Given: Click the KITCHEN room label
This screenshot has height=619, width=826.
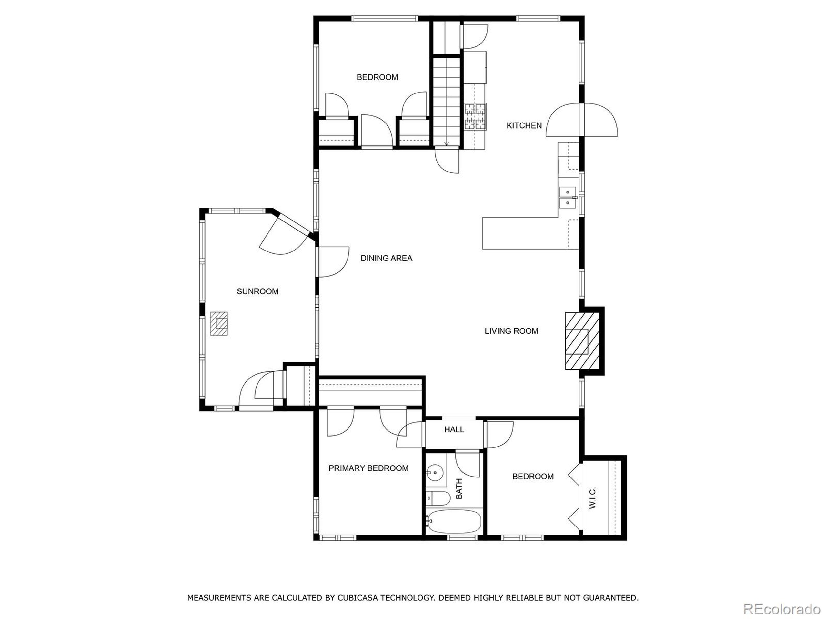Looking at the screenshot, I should tap(524, 126).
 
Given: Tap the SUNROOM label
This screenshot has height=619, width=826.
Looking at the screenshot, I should tap(257, 291).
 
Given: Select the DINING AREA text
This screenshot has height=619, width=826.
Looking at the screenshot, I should tap(386, 258).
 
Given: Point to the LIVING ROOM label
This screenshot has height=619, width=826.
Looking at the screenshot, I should tap(511, 331).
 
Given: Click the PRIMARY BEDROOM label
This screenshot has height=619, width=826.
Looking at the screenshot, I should tap(368, 468).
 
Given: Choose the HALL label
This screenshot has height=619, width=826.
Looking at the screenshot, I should tap(454, 429).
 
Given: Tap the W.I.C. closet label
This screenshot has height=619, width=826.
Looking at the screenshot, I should tap(593, 498).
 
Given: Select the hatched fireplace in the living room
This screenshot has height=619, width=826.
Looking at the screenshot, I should tap(581, 341).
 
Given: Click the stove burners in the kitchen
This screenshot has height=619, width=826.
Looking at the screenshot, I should tap(475, 116).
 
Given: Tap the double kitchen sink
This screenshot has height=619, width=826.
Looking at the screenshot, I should tap(568, 197).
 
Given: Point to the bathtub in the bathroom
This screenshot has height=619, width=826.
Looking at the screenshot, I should tap(454, 522).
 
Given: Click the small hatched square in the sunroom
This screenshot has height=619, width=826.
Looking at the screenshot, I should tap(219, 323).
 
